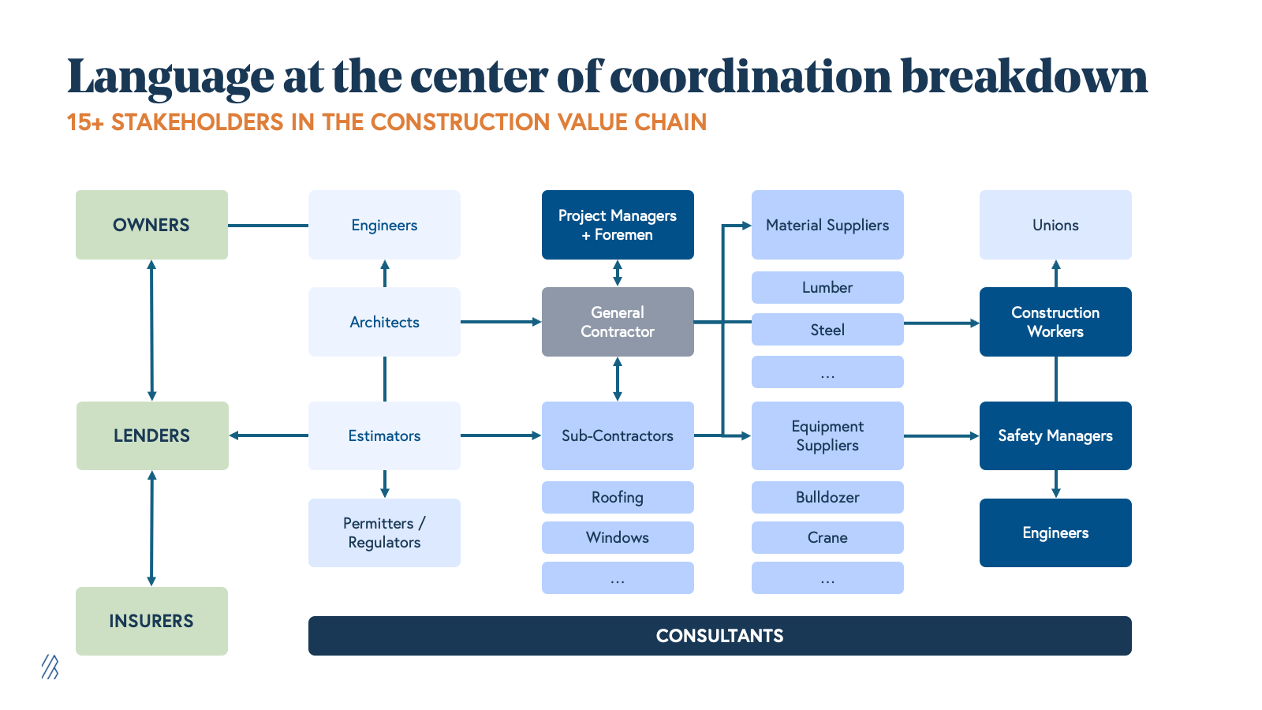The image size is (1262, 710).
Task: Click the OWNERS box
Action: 151,225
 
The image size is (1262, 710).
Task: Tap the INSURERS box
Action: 151,621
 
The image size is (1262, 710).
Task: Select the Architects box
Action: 384,322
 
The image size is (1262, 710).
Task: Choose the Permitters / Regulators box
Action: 384,532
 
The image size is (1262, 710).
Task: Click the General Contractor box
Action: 618,322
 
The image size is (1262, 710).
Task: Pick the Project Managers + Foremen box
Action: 618,225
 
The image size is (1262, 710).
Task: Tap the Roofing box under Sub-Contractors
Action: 618,497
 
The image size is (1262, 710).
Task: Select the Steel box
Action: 827,330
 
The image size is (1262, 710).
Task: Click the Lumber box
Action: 827,287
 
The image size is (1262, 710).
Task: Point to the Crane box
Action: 827,537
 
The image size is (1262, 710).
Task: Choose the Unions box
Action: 1055,225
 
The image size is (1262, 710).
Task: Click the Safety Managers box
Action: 1055,435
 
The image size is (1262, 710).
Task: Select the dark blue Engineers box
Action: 1055,532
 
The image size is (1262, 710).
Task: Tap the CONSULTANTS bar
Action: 719,636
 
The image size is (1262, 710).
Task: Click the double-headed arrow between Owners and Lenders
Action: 151,330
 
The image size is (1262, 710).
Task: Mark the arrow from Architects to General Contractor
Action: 501,322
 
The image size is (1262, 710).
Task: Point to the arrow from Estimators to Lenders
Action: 268,435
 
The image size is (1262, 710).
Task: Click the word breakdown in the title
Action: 1024,77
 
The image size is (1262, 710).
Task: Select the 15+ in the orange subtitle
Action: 85,122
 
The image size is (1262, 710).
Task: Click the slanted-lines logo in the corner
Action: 50,667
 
